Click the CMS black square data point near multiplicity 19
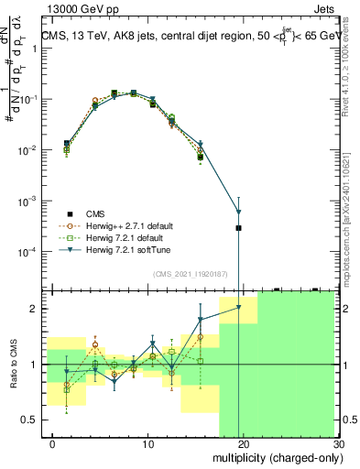pos(238,227)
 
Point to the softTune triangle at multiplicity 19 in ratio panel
pos(238,308)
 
